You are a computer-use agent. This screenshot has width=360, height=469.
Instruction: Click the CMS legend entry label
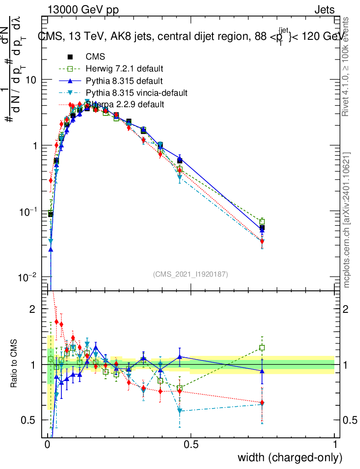coord(95,57)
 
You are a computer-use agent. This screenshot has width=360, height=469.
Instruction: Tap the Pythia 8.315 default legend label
coord(124,81)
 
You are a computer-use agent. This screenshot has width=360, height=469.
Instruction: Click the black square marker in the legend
coord(70,57)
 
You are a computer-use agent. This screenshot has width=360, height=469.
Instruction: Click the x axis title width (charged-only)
coord(289,458)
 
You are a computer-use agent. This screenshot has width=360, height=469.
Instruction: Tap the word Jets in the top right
coord(324,10)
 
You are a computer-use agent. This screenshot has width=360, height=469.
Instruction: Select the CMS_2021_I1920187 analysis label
coord(191,274)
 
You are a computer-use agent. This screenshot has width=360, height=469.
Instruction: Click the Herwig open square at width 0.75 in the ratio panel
coord(262,348)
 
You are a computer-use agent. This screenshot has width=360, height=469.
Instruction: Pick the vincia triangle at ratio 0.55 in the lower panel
coord(180,411)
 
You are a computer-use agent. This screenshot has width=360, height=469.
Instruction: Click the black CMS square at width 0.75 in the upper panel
coord(262,228)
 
